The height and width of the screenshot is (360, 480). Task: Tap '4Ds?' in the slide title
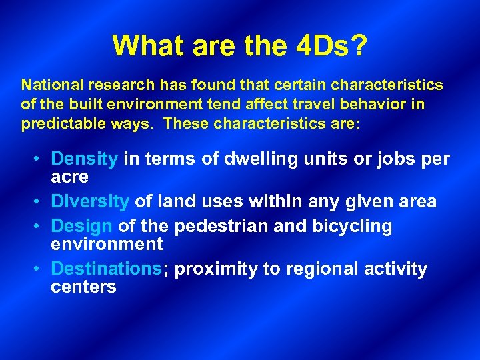(330, 45)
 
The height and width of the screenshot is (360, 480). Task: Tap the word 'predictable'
(59, 124)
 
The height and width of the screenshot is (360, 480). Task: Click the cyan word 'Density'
(85, 159)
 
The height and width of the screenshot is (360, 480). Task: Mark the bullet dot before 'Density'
(40, 160)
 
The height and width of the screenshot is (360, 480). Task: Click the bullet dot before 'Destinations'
(40, 269)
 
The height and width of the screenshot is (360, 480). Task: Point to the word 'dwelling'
(251, 159)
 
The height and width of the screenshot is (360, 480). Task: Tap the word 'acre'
(70, 177)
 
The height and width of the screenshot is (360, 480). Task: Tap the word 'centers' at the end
(83, 287)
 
